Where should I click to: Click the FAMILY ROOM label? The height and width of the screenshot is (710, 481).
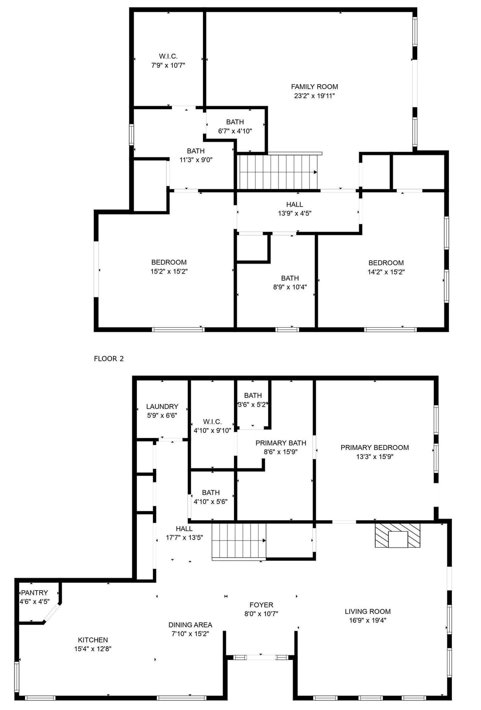tap(314, 87)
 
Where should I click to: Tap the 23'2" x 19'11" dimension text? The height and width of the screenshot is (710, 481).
tap(314, 96)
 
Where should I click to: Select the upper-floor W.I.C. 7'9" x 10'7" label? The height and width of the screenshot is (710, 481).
tap(168, 61)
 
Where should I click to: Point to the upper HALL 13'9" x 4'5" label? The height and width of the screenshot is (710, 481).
tap(295, 208)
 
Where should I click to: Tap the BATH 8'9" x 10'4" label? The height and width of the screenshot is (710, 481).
tap(290, 283)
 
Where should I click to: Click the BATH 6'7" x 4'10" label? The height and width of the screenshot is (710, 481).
tap(235, 126)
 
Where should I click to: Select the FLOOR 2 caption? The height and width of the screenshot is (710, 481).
tap(109, 358)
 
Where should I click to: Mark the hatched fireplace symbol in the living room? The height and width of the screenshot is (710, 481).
tap(398, 535)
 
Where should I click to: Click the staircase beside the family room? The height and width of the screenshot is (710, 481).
tap(278, 172)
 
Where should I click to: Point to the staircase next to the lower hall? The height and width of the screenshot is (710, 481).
tap(238, 541)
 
